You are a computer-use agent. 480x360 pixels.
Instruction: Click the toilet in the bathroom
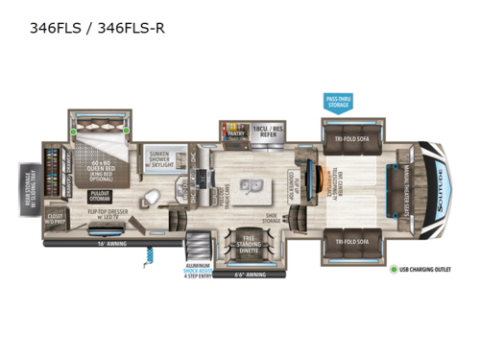tap(149, 199)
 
